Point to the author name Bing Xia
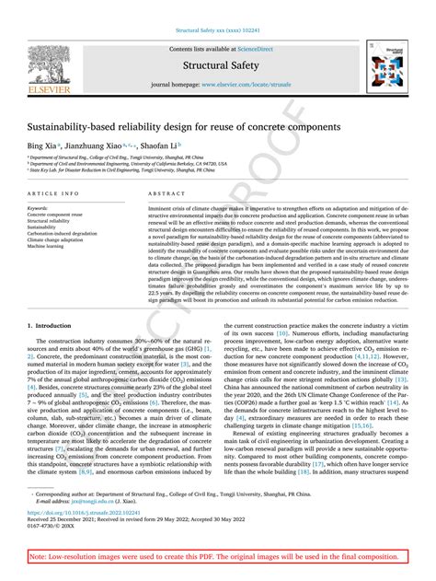tap(41, 145)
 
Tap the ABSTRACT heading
tap(161, 194)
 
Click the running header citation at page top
tap(218, 29)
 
